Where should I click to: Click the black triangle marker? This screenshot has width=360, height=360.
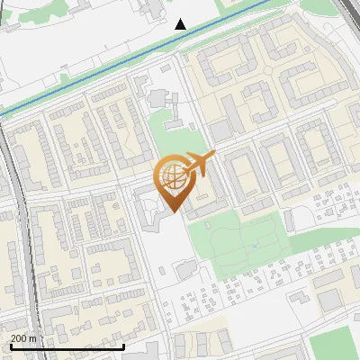click(181, 24)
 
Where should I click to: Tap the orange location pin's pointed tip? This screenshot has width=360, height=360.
click(173, 211)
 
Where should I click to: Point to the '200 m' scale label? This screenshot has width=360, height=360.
click(24, 338)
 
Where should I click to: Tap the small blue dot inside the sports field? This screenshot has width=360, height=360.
click(255, 245)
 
